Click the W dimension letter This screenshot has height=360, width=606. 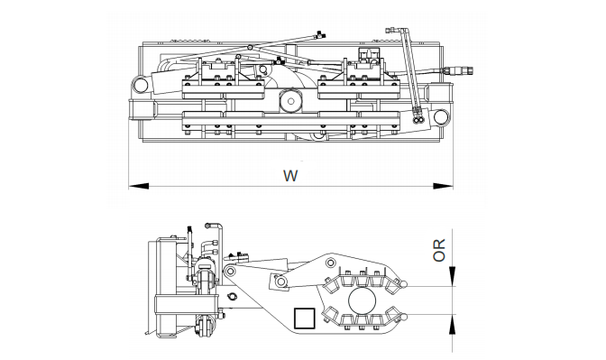pos(290,175)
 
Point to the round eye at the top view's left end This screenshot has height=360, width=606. pos(140,85)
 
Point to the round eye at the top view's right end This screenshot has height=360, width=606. pos(441,117)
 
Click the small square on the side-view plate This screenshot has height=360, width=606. pos(303,318)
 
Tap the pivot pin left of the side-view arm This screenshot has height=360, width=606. pos(232,272)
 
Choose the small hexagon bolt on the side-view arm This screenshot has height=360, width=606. pos(232,296)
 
